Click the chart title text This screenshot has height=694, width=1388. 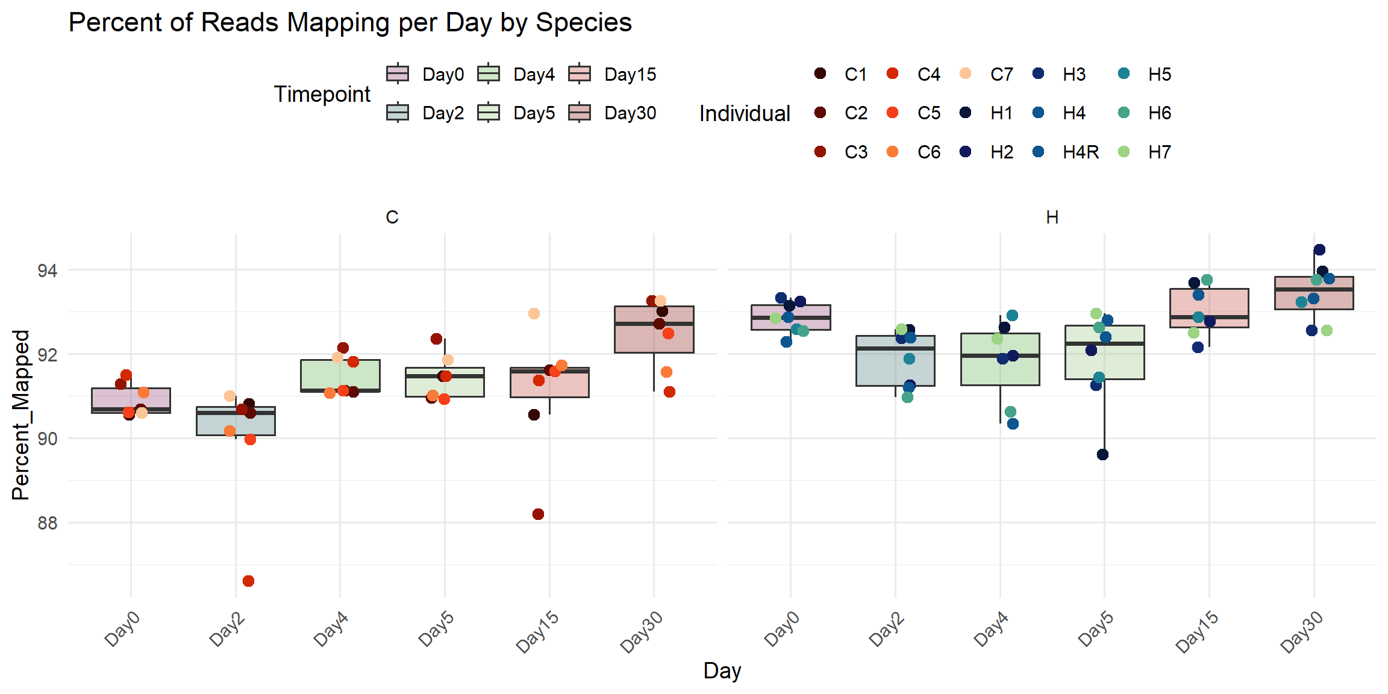click(x=350, y=23)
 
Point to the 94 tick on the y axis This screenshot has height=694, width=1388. click(x=47, y=270)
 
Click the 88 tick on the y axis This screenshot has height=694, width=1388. click(x=47, y=523)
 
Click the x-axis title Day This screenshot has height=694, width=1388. click(x=722, y=671)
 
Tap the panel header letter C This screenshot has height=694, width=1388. click(x=392, y=217)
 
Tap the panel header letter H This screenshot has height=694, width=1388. click(x=1052, y=217)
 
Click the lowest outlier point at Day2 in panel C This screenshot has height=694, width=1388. click(x=248, y=581)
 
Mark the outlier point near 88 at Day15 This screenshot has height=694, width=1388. click(x=538, y=514)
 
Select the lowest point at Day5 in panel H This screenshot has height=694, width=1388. click(x=1102, y=454)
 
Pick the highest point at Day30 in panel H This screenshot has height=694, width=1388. click(x=1319, y=249)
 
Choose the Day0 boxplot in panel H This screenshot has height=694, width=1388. click(x=790, y=317)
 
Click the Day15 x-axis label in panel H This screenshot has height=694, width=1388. click(x=1198, y=631)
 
